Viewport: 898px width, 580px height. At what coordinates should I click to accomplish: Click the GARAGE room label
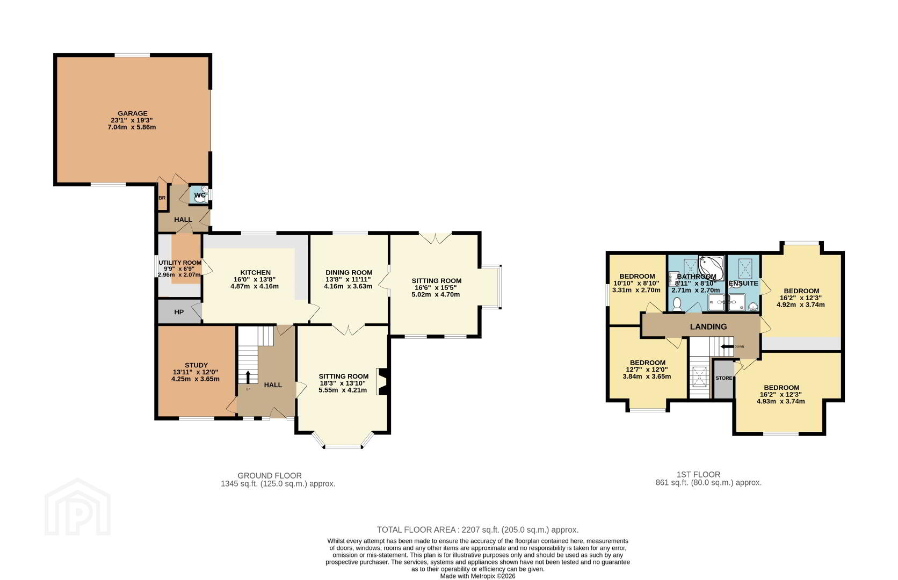[x=133, y=113]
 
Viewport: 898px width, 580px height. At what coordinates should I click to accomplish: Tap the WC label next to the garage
[x=200, y=195]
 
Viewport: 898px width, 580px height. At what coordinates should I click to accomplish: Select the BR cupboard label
[x=162, y=198]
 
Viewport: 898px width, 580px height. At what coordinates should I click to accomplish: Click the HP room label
[x=179, y=312]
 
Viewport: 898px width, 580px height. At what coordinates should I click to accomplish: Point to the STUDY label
[x=196, y=365]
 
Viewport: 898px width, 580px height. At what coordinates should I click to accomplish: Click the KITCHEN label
[x=255, y=273]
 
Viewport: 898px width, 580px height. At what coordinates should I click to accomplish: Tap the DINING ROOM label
[x=349, y=273]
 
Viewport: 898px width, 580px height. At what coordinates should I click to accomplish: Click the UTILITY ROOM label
[x=180, y=263]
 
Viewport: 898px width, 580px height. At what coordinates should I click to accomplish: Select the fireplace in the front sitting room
[x=382, y=382]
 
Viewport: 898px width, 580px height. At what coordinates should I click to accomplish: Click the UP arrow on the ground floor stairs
[x=248, y=377]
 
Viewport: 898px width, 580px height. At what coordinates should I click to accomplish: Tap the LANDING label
[x=708, y=327]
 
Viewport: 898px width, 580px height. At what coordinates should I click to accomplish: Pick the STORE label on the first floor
[x=723, y=378]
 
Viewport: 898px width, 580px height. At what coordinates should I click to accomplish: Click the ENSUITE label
[x=743, y=284]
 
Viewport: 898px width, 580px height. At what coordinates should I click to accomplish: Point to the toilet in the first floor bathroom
[x=677, y=304]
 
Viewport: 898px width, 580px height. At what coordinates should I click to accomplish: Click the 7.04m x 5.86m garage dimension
[x=132, y=127]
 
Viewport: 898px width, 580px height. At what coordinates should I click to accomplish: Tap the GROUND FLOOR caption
[x=270, y=476]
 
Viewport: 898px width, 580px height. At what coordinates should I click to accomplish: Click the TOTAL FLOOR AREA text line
[x=478, y=530]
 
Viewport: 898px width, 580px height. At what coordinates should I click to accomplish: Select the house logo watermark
[x=77, y=507]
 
